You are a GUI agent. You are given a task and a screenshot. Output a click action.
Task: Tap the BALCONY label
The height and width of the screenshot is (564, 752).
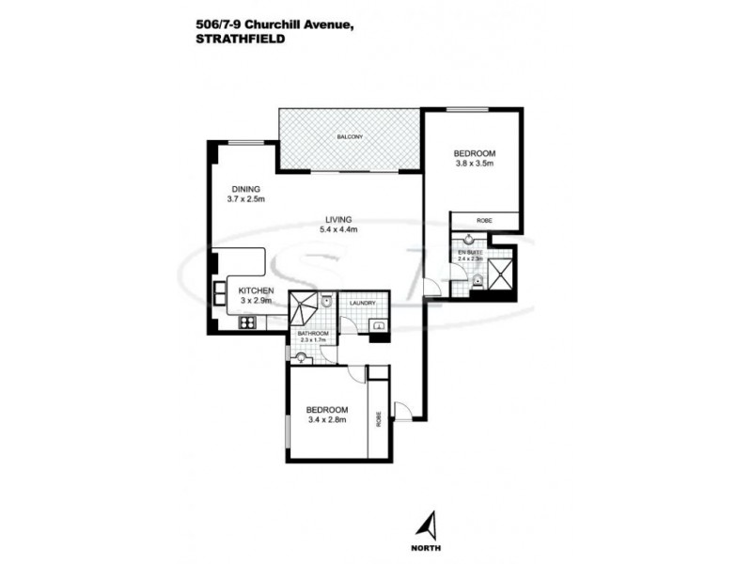[350, 138]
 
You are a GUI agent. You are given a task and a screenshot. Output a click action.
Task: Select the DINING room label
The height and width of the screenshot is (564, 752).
[243, 189]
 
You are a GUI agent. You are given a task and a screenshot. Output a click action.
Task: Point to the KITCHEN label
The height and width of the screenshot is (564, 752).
[255, 290]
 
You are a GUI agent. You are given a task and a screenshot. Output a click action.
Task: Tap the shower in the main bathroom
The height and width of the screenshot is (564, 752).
[303, 308]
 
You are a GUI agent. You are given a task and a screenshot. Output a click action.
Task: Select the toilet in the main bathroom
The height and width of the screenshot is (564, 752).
[325, 303]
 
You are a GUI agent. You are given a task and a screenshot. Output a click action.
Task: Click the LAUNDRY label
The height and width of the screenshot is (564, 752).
[363, 303]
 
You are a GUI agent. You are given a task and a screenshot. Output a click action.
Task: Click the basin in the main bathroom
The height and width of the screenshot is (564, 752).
[301, 356]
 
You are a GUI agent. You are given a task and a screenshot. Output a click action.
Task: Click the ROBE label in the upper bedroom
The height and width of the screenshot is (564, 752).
[484, 222]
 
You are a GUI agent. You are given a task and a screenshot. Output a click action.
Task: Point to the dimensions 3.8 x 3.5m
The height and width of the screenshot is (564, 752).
[475, 164]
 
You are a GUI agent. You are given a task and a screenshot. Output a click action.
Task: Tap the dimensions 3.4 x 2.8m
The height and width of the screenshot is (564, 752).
[328, 420]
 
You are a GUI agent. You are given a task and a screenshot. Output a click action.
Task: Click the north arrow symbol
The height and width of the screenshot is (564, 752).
[428, 522]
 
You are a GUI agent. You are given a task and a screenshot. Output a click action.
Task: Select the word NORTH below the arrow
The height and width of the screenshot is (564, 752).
[429, 547]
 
